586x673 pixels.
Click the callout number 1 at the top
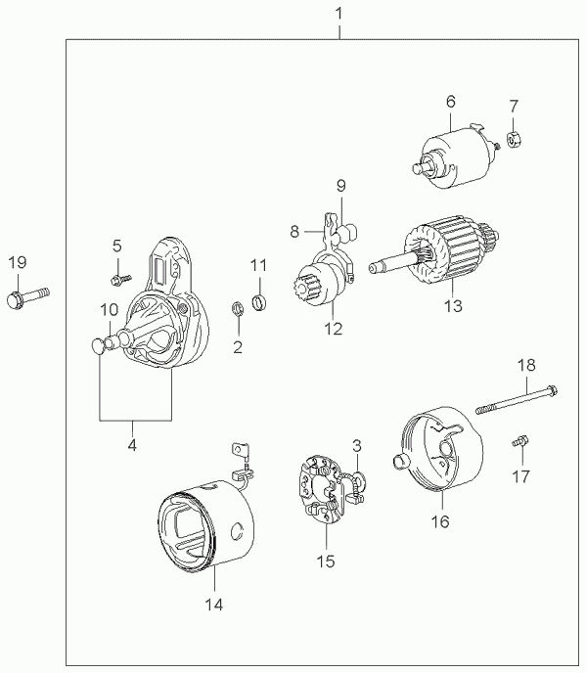(339, 14)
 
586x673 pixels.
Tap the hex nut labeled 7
(514, 139)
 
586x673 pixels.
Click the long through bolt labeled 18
(517, 399)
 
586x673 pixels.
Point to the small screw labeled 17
(520, 441)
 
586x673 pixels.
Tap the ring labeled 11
(259, 301)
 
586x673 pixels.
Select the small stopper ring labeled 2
(238, 308)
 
